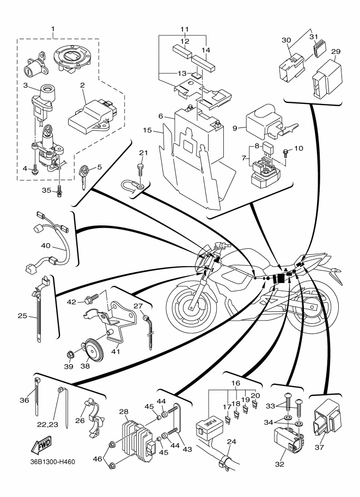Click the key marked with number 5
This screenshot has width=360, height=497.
point(82,175)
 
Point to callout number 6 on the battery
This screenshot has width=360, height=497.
point(162,116)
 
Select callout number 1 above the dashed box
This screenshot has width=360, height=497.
point(53,28)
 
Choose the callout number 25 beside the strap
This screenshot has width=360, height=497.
point(22,315)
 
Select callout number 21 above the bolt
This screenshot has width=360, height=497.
point(143,152)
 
